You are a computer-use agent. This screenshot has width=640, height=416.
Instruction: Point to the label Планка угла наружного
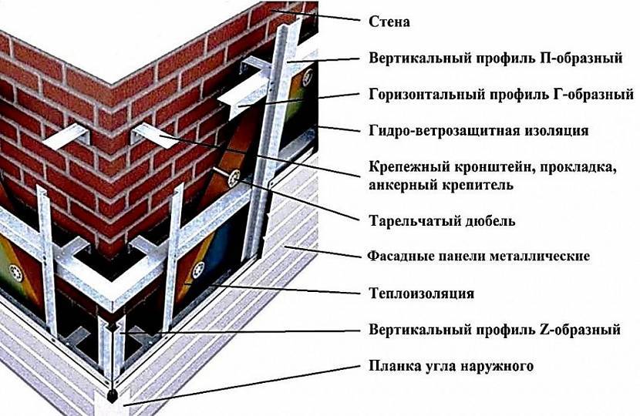pos(451,366)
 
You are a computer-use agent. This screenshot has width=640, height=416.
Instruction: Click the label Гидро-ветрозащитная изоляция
pos(479,131)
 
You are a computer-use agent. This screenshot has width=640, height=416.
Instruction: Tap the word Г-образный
pos(589,95)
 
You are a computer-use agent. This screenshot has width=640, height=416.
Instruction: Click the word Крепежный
pos(406,168)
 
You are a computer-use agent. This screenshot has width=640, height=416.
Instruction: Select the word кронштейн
pos(487,168)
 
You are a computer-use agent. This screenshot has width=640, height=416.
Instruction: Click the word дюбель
pos(490,221)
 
